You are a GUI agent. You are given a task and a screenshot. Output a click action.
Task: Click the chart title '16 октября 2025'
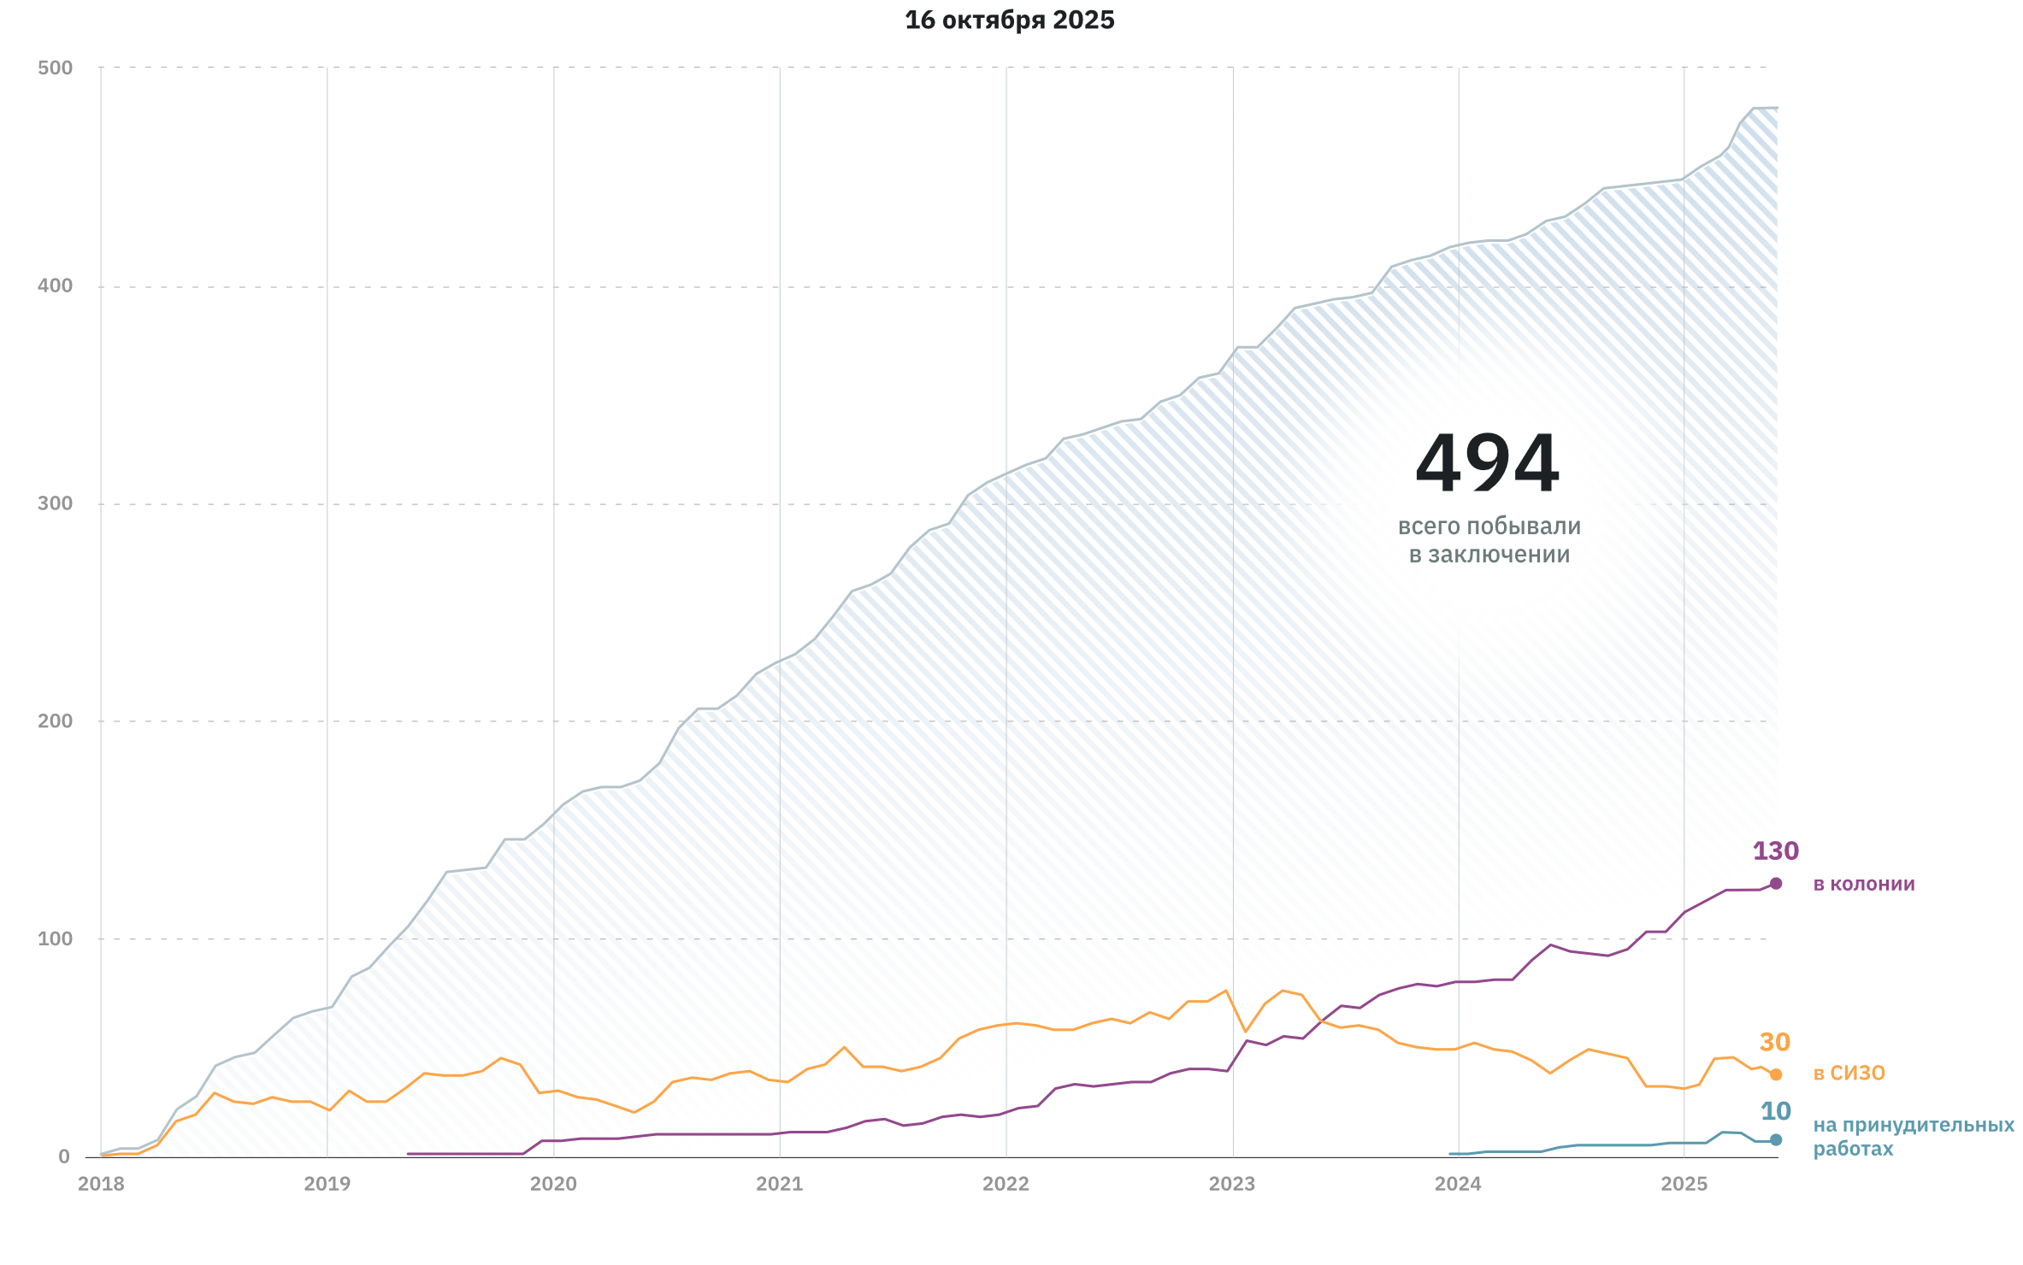pos(1009,21)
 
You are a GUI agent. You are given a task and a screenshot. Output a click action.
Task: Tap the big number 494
pos(1488,464)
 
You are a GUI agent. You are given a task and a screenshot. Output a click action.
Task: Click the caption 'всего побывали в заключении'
pos(1489,540)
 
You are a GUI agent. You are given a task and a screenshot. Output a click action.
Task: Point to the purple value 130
pos(1775,851)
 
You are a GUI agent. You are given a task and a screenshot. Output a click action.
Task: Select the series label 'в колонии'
pos(1863,884)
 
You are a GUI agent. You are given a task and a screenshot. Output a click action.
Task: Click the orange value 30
pos(1774,1043)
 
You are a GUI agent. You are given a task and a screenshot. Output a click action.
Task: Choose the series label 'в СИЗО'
pos(1849,1074)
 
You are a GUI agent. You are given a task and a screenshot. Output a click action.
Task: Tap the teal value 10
pos(1775,1111)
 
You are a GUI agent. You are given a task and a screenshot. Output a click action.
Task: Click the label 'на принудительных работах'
pos(1913,1137)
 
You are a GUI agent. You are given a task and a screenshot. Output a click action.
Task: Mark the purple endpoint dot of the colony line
pos(1776,884)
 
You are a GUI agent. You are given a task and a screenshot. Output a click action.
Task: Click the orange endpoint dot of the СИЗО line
pos(1776,1074)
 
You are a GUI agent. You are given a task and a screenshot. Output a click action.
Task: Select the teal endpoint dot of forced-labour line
pos(1776,1139)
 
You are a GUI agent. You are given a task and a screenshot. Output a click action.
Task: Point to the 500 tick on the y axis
pos(56,68)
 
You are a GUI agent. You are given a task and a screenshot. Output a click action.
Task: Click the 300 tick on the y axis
pos(56,503)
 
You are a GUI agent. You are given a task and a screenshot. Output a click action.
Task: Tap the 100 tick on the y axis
pos(56,938)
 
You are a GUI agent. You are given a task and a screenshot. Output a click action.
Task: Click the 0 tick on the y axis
pos(64,1156)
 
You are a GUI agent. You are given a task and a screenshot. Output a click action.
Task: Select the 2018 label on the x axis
pos(101,1184)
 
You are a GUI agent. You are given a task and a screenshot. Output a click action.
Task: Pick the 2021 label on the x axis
pos(779,1184)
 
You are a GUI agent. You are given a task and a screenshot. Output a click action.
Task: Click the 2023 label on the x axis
pos(1231,1184)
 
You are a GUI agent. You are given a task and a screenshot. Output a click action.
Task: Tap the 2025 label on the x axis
pos(1684,1184)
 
